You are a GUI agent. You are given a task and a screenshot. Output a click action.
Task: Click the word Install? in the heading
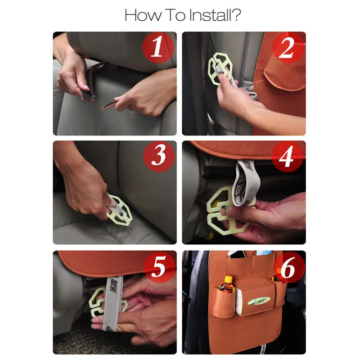(x=215, y=15)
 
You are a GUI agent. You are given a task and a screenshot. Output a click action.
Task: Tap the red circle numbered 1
(x=158, y=47)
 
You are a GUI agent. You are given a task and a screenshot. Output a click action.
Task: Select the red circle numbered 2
(x=288, y=47)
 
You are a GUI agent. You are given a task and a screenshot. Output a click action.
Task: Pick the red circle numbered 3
(x=159, y=156)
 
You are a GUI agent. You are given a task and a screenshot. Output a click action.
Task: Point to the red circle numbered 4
(x=287, y=156)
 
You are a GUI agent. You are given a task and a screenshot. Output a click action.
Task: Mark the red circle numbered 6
(x=289, y=267)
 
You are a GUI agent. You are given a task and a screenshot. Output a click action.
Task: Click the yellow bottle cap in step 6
(x=229, y=279)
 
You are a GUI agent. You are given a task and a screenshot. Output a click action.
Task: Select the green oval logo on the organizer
(x=259, y=301)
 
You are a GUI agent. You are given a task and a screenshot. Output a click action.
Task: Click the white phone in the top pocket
(x=237, y=254)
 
